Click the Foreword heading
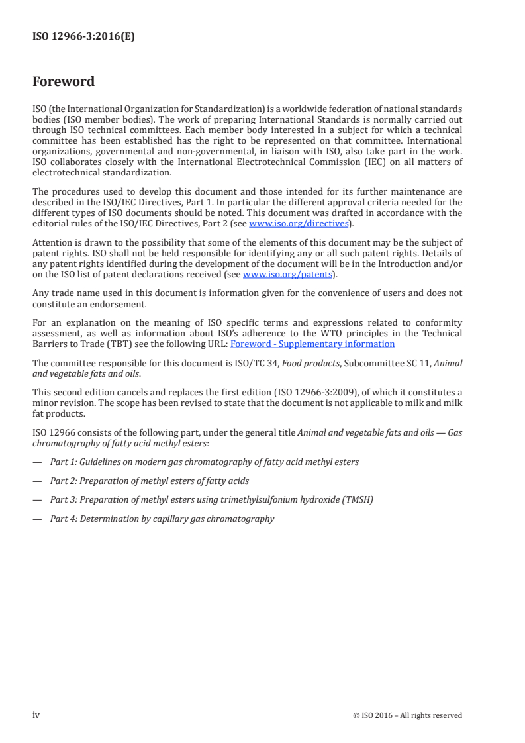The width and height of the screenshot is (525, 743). click(64, 82)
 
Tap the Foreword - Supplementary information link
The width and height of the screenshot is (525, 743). click(312, 344)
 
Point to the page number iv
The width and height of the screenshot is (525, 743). click(36, 715)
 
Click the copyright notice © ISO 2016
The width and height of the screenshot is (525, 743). click(407, 715)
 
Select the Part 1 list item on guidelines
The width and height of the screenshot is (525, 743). click(205, 462)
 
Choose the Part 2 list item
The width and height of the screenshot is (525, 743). click(150, 481)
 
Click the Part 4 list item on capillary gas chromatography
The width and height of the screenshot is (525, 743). click(162, 519)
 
